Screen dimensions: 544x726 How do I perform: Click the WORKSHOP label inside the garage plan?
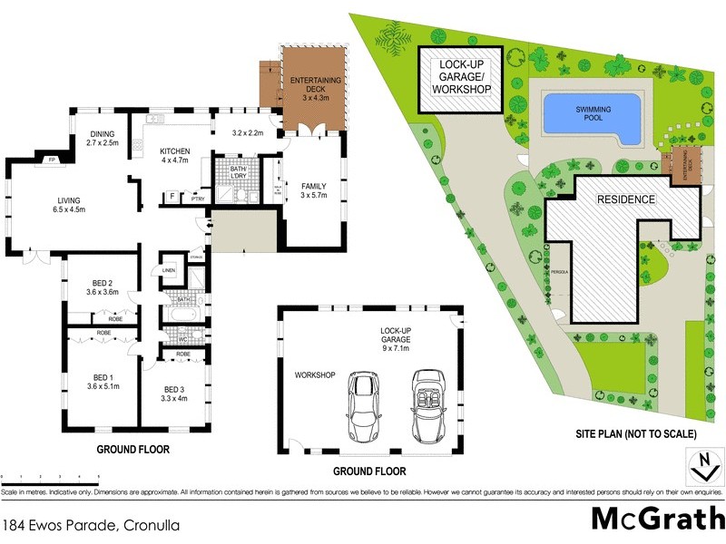[315, 374]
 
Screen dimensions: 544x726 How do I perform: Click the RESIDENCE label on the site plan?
[624, 199]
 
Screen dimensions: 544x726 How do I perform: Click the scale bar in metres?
[50, 478]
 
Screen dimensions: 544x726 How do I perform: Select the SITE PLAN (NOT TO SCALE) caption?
[637, 434]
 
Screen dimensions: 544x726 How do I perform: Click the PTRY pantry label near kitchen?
[198, 197]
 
